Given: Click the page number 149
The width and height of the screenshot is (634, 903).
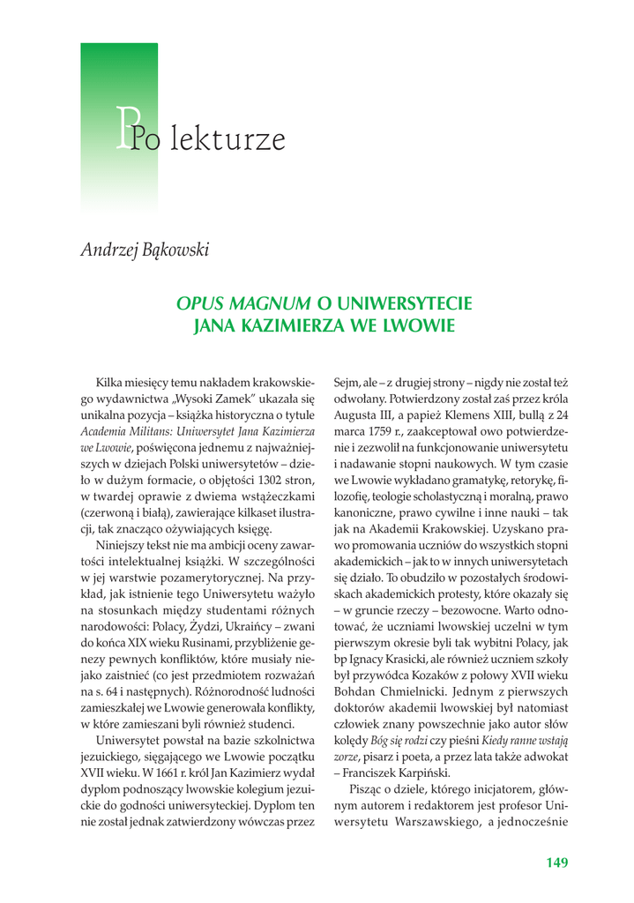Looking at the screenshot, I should pyautogui.click(x=556, y=862).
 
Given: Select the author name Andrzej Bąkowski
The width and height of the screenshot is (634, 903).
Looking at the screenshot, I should pyautogui.click(x=145, y=250).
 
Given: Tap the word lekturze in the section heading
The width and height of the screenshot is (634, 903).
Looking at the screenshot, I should pyautogui.click(x=228, y=139).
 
